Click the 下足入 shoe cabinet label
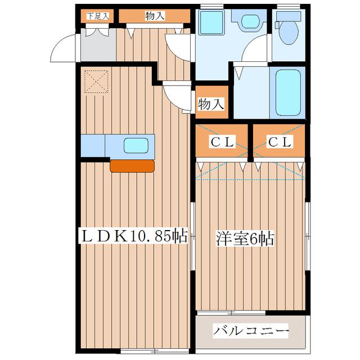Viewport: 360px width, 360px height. [97, 16]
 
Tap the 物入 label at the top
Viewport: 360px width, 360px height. [154, 16]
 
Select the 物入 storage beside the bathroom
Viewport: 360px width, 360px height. [211, 103]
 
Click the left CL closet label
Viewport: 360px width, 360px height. [222, 142]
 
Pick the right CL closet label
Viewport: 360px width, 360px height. [279, 142]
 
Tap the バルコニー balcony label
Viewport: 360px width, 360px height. [251, 330]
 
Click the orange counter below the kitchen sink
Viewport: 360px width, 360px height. [132, 165]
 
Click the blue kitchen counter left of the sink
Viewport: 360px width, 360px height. [93, 146]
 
